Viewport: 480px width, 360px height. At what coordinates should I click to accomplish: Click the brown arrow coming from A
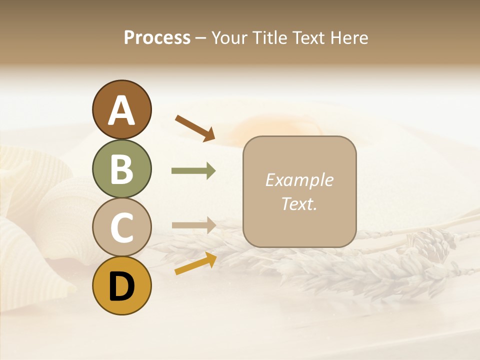195,128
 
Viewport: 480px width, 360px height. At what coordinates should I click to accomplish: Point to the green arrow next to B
193,171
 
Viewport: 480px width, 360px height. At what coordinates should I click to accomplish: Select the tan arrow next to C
193,225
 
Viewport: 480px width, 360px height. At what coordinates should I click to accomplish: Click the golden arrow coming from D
195,263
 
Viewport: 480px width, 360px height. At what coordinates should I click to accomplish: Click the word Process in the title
157,37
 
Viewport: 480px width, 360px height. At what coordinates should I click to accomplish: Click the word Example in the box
299,180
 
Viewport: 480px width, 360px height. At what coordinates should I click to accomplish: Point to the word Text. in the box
299,203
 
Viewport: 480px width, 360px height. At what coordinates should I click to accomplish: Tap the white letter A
121,110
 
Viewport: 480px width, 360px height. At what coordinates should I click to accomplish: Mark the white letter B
121,169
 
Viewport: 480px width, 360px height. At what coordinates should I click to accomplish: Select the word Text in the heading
310,37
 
